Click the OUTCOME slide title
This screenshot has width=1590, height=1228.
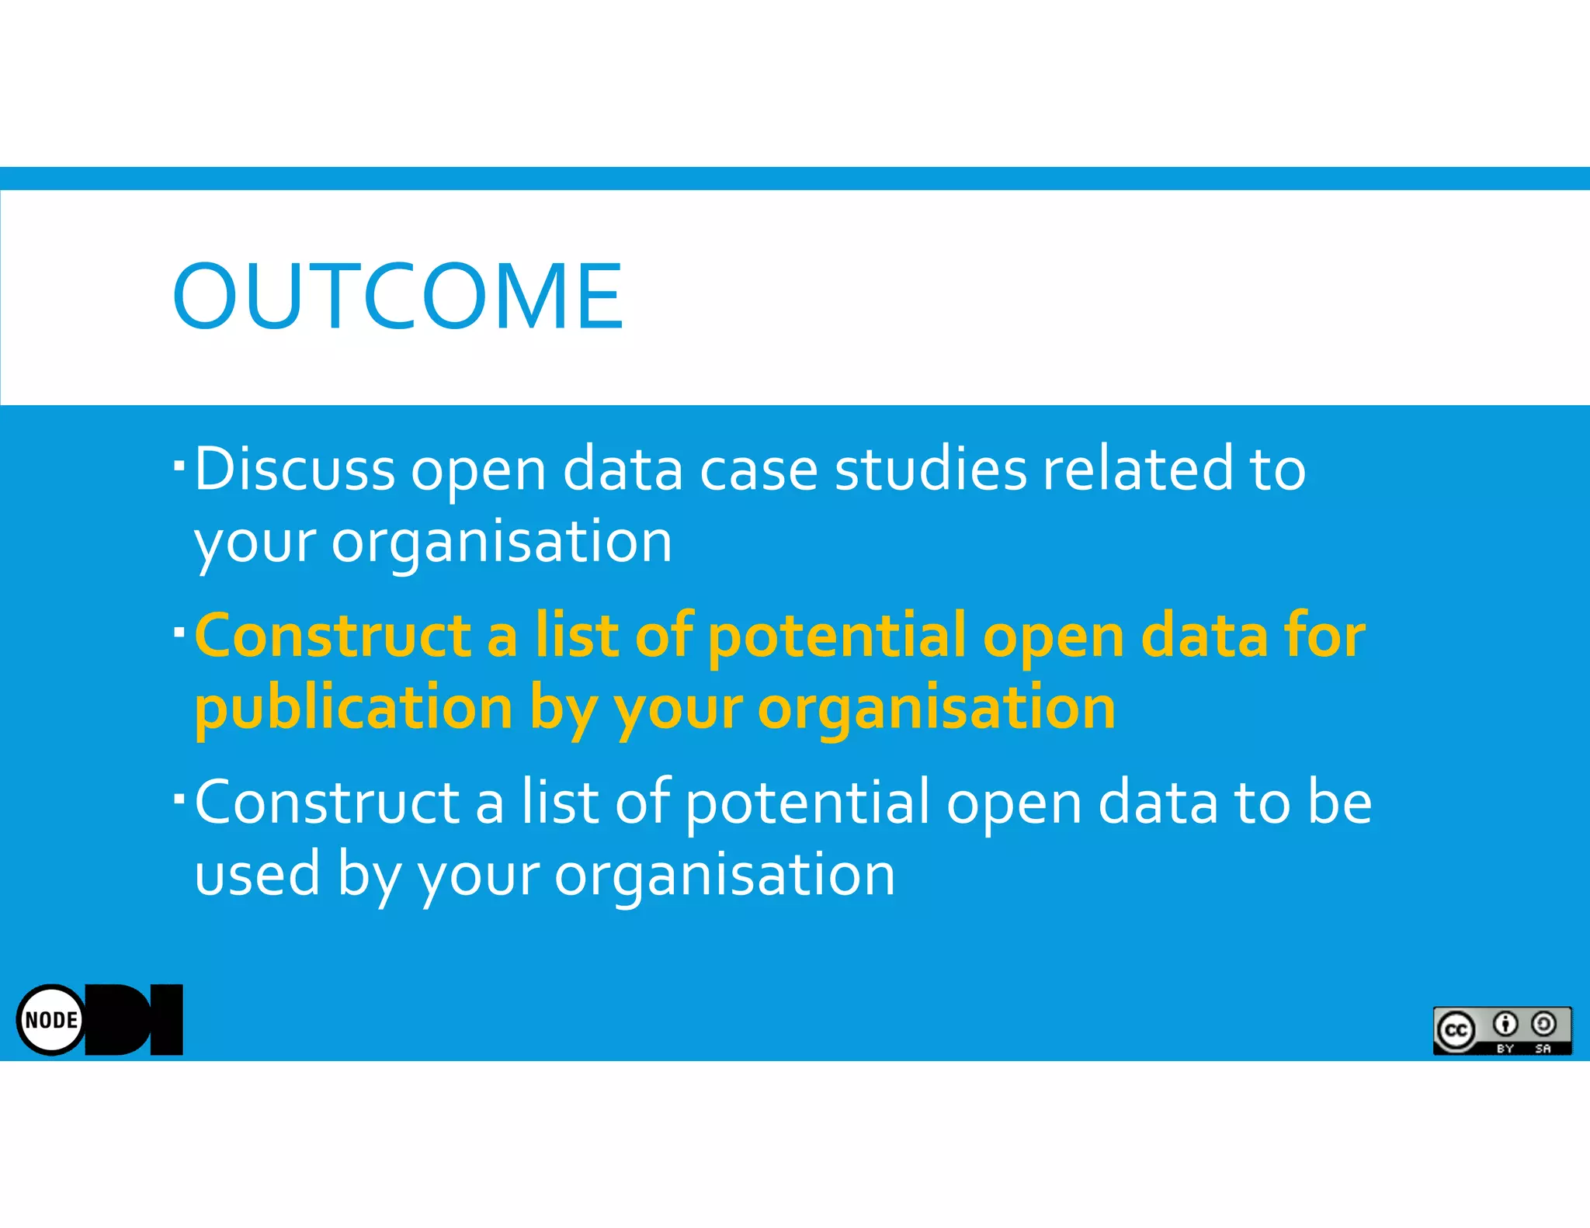tap(397, 296)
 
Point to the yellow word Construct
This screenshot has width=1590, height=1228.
tap(332, 635)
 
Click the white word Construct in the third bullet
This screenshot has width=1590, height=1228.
tap(326, 802)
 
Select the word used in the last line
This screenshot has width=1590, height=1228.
tap(257, 874)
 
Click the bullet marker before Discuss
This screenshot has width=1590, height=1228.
tap(179, 465)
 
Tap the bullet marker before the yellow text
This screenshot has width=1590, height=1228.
tap(179, 631)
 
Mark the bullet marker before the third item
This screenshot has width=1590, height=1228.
tap(179, 798)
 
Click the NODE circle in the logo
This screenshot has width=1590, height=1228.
tap(51, 1019)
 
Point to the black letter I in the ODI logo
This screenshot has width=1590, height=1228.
tap(166, 1019)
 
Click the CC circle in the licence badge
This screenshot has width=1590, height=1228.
tap(1456, 1030)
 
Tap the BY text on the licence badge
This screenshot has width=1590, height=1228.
tap(1505, 1048)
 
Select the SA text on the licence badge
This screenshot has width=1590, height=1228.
tap(1543, 1048)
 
